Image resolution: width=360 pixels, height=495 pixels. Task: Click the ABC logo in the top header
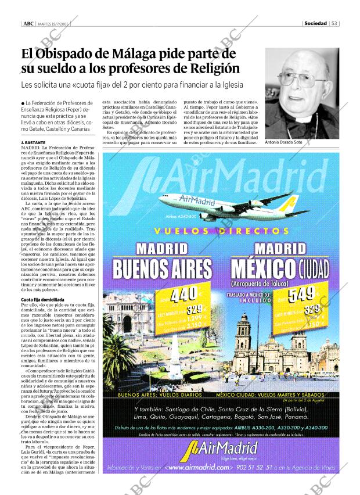[x=27, y=24]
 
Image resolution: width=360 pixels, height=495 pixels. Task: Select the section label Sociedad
[x=315, y=24]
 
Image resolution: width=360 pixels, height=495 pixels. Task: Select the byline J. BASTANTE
[x=33, y=142]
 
